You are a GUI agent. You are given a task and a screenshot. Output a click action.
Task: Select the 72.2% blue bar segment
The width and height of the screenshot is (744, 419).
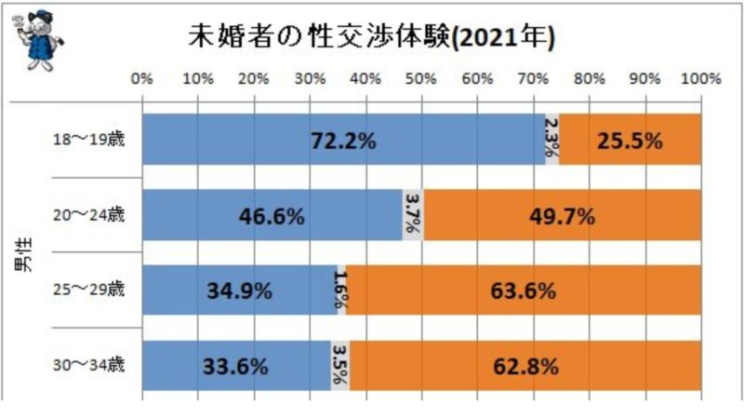pos(343,141)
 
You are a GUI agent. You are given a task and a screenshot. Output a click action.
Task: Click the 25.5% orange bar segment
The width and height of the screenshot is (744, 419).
pos(631,141)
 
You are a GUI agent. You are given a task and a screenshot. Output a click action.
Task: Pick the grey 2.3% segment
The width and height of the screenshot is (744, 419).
pos(551,141)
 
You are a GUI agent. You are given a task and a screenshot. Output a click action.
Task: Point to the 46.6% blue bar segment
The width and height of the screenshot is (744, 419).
pos(272,216)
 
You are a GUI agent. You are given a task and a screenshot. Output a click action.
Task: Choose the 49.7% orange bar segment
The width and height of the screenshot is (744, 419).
pos(562,216)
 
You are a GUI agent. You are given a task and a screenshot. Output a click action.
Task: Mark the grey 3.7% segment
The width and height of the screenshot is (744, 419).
pos(413,216)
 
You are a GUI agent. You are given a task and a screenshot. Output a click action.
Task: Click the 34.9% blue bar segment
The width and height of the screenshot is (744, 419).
pos(239,291)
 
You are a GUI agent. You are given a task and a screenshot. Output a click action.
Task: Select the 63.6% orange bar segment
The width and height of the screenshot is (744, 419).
pos(524,291)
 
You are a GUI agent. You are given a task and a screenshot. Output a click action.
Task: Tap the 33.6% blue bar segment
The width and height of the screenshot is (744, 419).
pos(236,365)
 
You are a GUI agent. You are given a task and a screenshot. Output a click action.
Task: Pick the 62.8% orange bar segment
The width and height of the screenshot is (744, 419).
pos(525,365)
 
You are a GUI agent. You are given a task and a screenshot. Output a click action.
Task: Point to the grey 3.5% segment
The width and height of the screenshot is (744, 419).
pos(340,365)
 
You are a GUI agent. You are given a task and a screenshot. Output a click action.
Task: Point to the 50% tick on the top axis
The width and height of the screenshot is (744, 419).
pos(421,81)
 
